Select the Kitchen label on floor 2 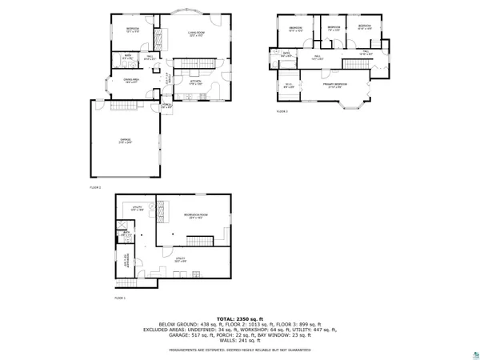194,82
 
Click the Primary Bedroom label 334,84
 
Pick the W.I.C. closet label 288,86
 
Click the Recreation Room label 194,215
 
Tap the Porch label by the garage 166,105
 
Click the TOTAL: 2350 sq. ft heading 240,319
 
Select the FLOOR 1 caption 120,297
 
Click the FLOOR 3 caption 282,111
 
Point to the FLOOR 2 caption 95,186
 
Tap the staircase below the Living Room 196,63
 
